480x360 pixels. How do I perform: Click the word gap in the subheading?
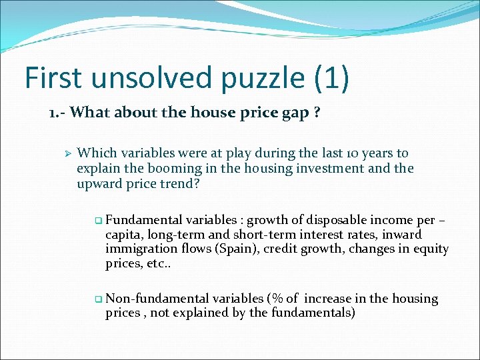click(x=295, y=112)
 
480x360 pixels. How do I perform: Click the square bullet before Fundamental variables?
click(x=99, y=220)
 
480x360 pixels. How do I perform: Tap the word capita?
click(x=124, y=235)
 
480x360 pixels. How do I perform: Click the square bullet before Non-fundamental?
click(x=99, y=299)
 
